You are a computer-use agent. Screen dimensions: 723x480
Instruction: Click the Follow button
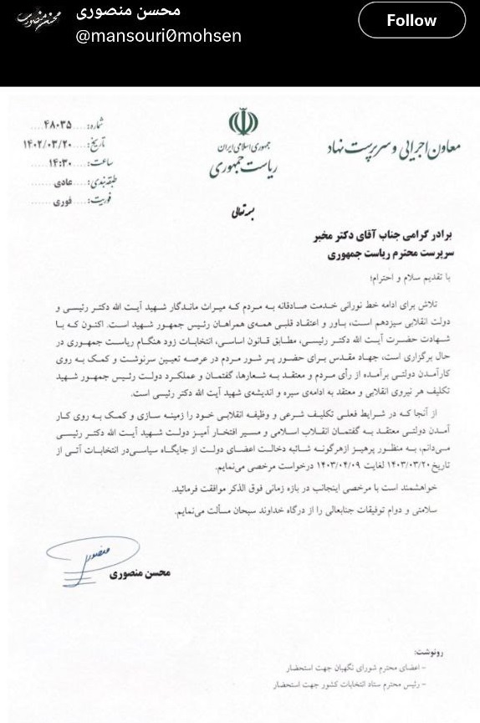pyautogui.click(x=411, y=21)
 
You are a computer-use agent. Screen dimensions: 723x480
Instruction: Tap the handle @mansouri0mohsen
pyautogui.click(x=159, y=36)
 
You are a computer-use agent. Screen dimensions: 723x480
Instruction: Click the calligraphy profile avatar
pyautogui.click(x=39, y=19)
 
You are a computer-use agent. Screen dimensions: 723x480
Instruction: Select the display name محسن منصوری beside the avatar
pyautogui.click(x=128, y=12)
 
